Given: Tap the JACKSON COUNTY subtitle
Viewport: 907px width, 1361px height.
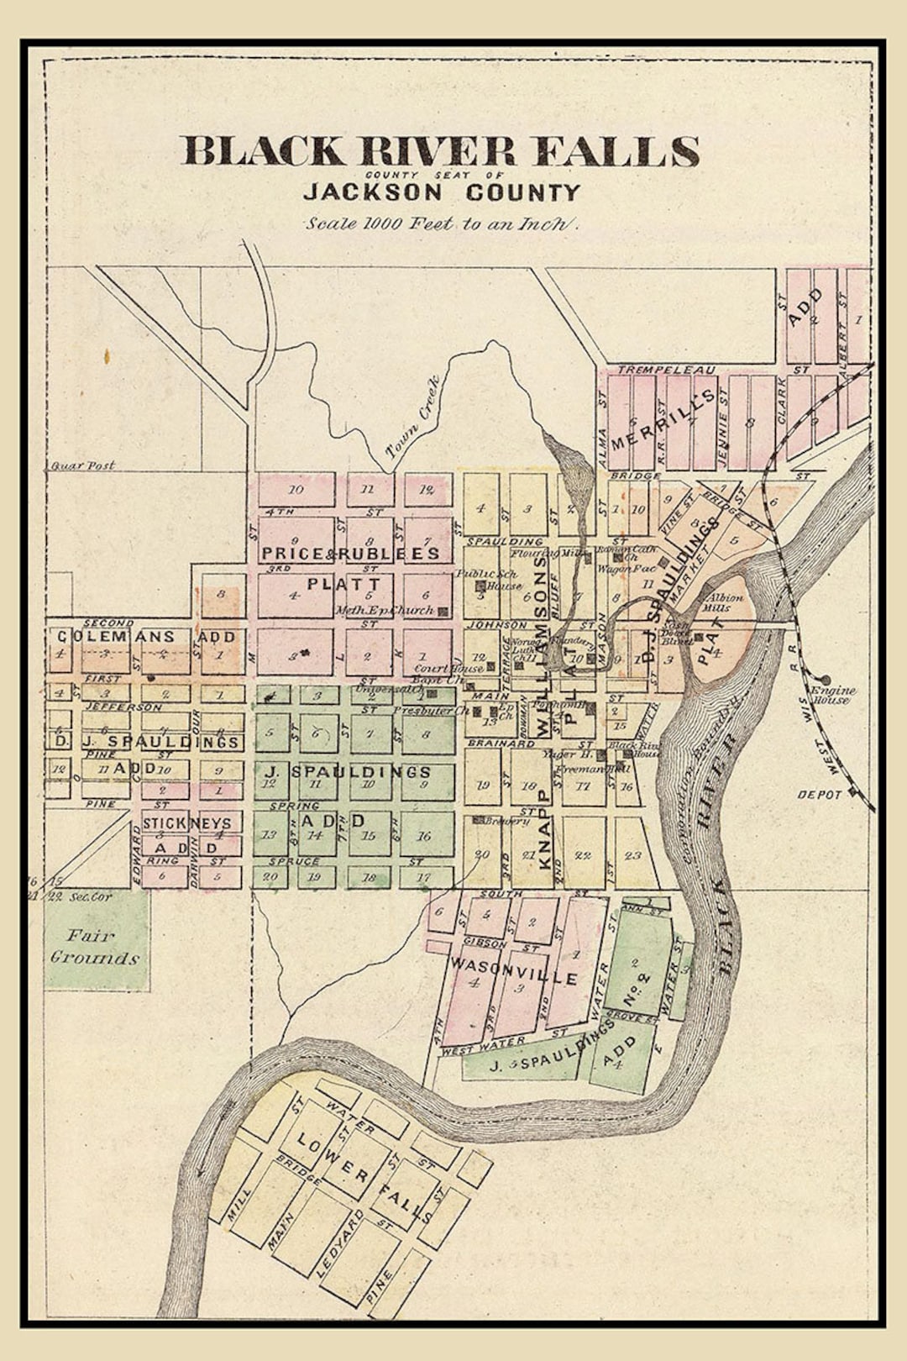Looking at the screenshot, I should click(441, 192).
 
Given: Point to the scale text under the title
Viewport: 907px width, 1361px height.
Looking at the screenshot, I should click(441, 223).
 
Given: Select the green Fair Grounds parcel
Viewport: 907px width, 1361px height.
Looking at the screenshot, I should click(97, 941).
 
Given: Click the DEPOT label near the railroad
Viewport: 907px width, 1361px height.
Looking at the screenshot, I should click(819, 794).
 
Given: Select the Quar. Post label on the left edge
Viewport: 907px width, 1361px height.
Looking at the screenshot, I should click(82, 465).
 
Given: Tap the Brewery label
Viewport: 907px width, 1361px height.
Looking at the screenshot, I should click(501, 821).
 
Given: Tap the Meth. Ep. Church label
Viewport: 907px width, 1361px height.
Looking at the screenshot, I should click(385, 611).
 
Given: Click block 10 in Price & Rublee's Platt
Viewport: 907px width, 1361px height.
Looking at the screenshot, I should click(296, 489).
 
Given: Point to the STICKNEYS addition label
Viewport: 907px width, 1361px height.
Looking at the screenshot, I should click(186, 822).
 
